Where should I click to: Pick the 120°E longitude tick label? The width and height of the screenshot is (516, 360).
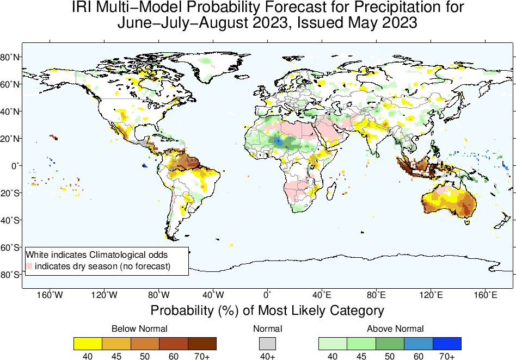(431, 295)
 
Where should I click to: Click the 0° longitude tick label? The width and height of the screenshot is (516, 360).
(267, 295)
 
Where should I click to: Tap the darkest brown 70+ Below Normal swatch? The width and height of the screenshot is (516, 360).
(202, 343)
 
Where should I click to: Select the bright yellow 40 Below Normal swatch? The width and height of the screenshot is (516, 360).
(88, 343)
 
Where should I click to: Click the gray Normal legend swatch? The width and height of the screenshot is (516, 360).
(267, 343)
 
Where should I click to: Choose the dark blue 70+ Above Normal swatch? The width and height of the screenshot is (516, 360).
(447, 343)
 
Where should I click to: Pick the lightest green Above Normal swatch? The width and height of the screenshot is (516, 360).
(333, 343)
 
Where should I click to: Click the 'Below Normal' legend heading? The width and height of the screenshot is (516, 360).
(139, 328)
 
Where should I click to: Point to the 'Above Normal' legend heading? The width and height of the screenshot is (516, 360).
(395, 328)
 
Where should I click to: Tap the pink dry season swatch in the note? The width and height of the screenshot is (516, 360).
(29, 266)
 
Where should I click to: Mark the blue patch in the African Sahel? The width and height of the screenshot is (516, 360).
(277, 141)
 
